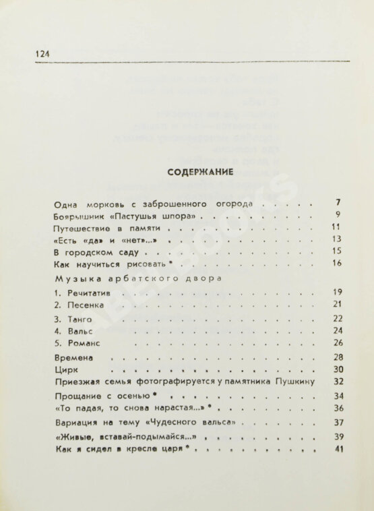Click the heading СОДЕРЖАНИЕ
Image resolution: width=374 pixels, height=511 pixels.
pyautogui.click(x=200, y=172)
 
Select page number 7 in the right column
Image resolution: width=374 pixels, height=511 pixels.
pyautogui.click(x=338, y=202)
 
